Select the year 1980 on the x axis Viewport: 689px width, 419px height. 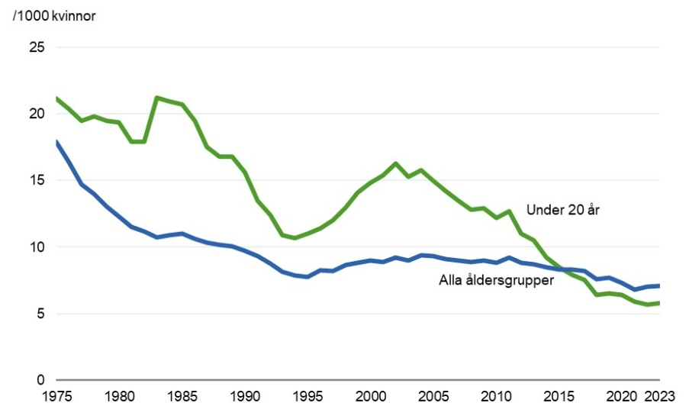[x=119, y=397]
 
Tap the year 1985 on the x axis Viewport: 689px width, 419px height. [x=182, y=397]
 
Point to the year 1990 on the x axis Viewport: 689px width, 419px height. [x=244, y=397]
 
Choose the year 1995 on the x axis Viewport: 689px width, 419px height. [x=307, y=397]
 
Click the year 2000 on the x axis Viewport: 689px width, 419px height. [x=370, y=397]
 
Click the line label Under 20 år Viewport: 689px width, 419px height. [x=563, y=209]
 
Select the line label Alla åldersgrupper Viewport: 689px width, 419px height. [x=495, y=280]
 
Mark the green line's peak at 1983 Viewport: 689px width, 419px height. [x=156, y=98]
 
